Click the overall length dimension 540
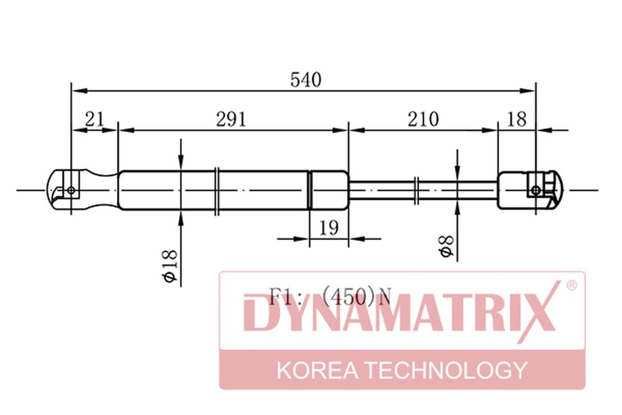pos(305,80)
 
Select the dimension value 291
pos(231,119)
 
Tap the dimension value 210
pos(423,119)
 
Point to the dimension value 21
pos(95,119)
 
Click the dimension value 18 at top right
pos(517,119)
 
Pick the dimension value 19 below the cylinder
pos(329,228)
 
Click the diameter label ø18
pos(170,266)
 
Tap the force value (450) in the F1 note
pos(348,296)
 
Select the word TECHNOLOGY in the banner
pos(446,370)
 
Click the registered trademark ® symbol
pos(572,285)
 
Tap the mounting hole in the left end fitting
pos(71,190)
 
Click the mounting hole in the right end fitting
pos(536,190)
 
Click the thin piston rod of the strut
pos(423,190)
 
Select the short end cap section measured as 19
pos(329,190)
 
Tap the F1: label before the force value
pos(281,296)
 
